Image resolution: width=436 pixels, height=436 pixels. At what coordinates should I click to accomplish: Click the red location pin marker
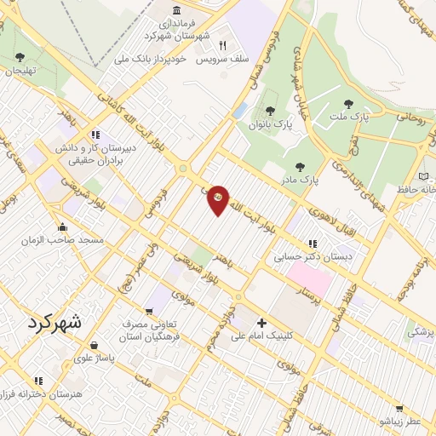[219, 199]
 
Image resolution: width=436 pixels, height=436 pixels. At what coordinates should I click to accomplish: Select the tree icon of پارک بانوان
[270, 110]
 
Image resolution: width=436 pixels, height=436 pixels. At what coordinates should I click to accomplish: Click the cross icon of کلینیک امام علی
[261, 323]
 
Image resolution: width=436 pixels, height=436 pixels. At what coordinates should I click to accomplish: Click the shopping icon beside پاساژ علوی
[93, 345]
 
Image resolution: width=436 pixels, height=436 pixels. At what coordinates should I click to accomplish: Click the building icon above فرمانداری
[176, 10]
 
